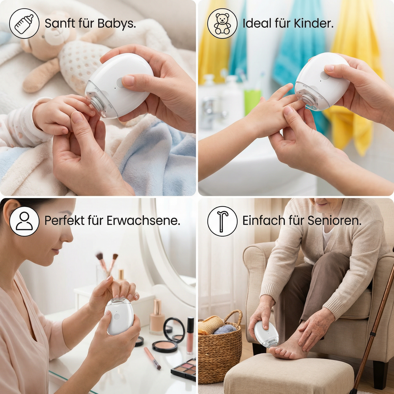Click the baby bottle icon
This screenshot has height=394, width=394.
24,23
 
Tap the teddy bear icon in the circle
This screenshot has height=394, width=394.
222,23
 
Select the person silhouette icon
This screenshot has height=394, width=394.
24,221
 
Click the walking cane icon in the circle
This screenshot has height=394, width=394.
222,221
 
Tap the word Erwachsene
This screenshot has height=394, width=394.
143,221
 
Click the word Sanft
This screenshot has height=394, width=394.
60,23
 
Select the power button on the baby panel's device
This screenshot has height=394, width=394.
120,82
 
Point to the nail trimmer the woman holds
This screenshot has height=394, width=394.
119,316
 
